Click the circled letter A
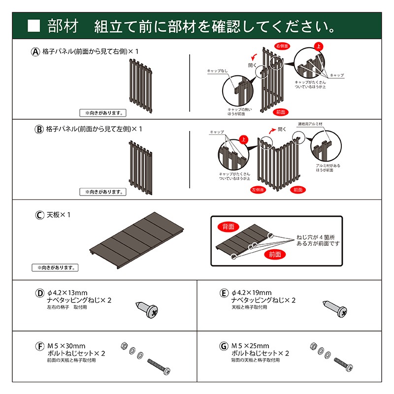click(x=35, y=51)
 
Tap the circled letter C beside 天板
click(x=39, y=215)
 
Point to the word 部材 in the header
click(x=63, y=25)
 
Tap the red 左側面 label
click(x=259, y=189)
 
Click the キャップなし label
click(x=217, y=71)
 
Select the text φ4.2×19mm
click(x=251, y=293)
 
